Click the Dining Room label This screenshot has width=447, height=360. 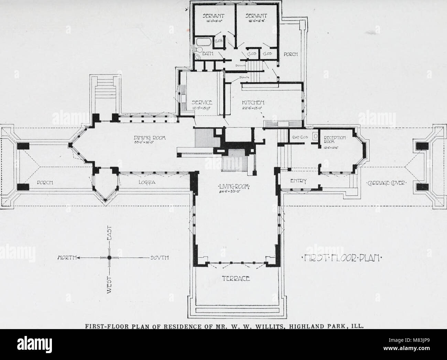click(145, 138)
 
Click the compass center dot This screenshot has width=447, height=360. click(109, 257)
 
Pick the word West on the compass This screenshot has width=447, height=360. click(109, 286)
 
